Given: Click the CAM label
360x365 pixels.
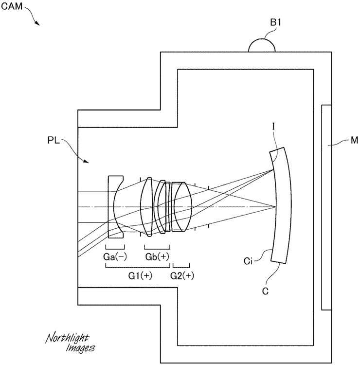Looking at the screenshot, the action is coord(12,6).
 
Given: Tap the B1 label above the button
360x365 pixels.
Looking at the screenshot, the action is coord(276,22).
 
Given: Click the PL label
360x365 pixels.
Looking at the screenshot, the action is coord(54,140).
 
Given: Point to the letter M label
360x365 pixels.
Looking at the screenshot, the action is coord(354,140).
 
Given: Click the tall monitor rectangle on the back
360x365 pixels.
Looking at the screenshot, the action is coord(326,207).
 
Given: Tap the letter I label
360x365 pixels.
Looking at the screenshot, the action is coord(274,127).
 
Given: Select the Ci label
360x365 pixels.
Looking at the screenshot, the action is coord(248,261).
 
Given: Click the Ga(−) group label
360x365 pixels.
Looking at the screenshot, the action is coord(115,257).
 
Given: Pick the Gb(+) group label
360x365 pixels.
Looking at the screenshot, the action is coord(157,257).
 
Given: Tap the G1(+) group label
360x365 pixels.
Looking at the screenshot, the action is coord(140,275).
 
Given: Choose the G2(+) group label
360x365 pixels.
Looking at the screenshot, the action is coord(182,275).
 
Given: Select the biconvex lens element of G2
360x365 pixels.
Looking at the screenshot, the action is coord(183,207).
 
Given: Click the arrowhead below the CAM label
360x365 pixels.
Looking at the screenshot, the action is coord(37,23).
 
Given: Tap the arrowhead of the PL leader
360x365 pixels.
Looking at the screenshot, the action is coord(86,161).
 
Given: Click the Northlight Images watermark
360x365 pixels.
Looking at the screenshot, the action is coord(70,343).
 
